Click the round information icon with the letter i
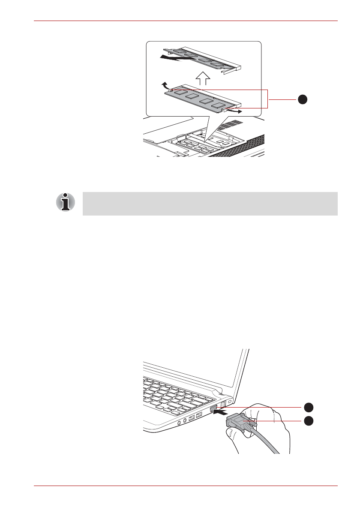click(x=65, y=202)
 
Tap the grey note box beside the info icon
click(x=210, y=204)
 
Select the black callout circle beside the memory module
click(x=303, y=99)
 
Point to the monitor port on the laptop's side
click(x=214, y=410)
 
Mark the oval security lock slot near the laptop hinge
click(x=231, y=402)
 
